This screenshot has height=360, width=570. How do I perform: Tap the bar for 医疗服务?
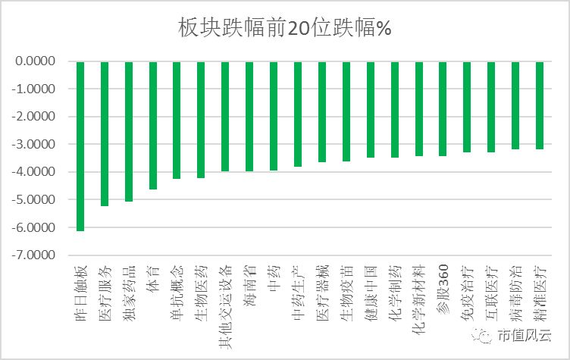(105, 133)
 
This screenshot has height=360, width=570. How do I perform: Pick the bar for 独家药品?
(129, 131)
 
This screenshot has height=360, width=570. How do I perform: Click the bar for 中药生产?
(298, 114)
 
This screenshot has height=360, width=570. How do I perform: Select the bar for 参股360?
(443, 108)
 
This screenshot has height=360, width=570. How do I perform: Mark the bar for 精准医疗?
(540, 105)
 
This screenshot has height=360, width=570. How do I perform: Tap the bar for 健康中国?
(371, 109)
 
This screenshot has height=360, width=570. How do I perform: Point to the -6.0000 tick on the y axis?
(36, 227)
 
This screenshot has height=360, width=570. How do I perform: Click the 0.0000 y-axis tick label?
(37, 61)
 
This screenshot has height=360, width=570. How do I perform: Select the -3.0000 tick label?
(36, 144)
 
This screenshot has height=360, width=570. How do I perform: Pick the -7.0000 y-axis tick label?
(36, 255)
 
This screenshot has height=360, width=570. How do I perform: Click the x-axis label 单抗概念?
(177, 285)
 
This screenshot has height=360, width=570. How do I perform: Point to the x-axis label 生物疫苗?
(346, 285)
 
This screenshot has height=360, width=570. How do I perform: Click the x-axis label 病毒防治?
(515, 285)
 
